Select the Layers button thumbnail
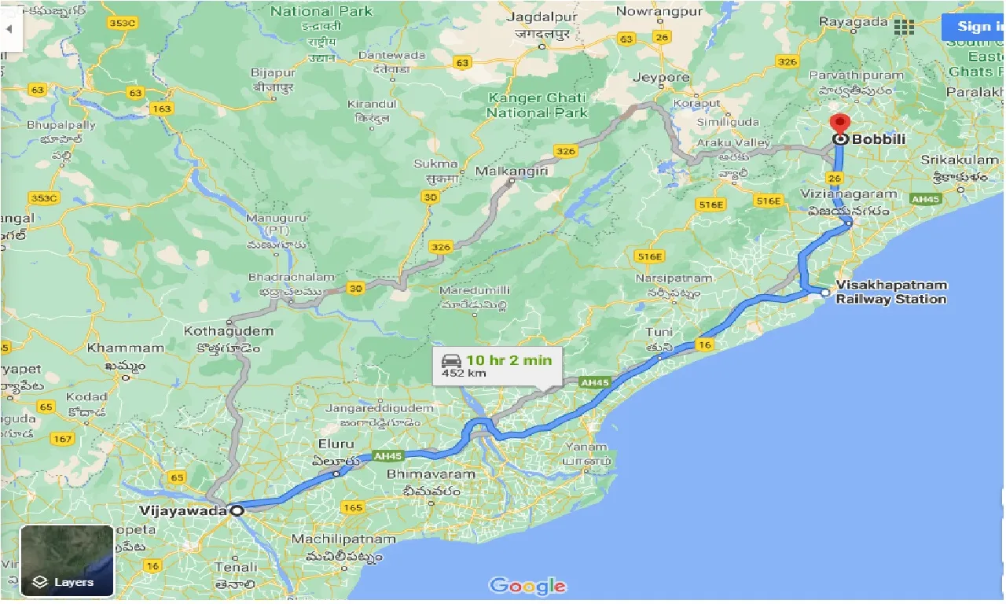pos(67,561)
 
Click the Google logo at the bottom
pos(527,586)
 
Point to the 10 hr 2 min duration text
pos(509,360)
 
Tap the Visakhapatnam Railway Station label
pos(891,292)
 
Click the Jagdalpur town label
pos(542,17)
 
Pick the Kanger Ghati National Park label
pos(537,105)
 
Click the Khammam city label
pos(126,348)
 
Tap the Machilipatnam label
pos(343,540)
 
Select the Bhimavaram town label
pos(431,474)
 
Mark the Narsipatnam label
pos(674,278)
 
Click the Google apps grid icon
pos(904,27)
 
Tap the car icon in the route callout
pos(451,361)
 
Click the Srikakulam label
pos(959,160)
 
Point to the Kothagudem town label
pos(229,331)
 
